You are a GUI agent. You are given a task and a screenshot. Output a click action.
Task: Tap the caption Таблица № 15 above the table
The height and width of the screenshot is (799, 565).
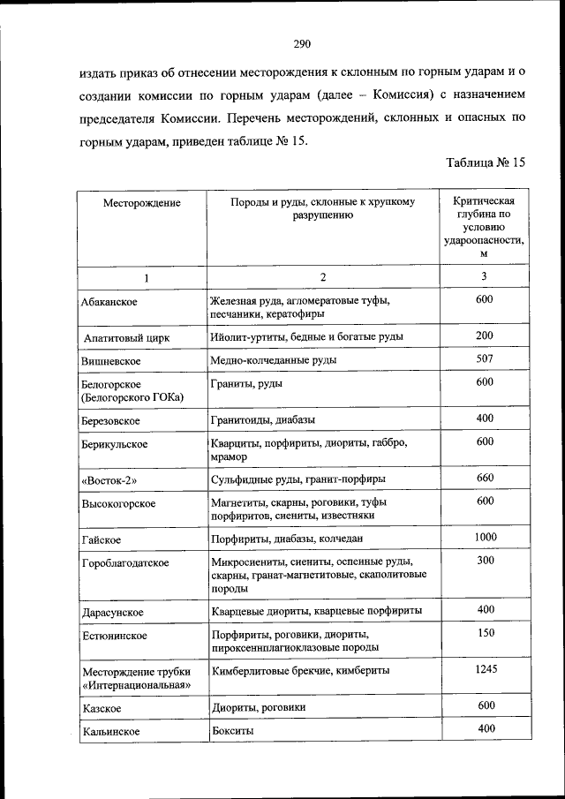click(x=486, y=162)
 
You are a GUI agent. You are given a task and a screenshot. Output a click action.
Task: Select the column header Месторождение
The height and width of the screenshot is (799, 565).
click(x=141, y=203)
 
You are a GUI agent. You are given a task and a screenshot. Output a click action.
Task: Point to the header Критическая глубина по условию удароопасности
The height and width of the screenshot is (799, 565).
click(x=484, y=227)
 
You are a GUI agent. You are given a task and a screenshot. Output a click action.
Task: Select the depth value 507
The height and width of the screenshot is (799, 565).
click(x=484, y=358)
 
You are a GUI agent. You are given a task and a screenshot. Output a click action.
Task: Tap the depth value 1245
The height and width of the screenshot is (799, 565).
click(x=485, y=669)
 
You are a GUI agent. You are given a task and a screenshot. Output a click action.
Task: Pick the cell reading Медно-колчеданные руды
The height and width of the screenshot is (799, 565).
click(x=273, y=360)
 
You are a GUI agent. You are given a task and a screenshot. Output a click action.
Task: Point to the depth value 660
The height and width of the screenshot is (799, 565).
click(x=484, y=479)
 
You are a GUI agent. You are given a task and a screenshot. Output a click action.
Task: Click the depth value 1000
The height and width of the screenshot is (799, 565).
click(x=485, y=537)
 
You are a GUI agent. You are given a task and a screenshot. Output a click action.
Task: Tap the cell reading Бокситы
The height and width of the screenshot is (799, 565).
click(x=231, y=731)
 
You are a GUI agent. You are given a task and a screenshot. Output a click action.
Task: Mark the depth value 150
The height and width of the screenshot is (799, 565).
click(x=484, y=633)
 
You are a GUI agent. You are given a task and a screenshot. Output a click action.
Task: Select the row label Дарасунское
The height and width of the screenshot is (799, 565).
click(x=111, y=612)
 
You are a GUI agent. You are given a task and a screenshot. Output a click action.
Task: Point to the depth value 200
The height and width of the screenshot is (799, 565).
click(x=484, y=336)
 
